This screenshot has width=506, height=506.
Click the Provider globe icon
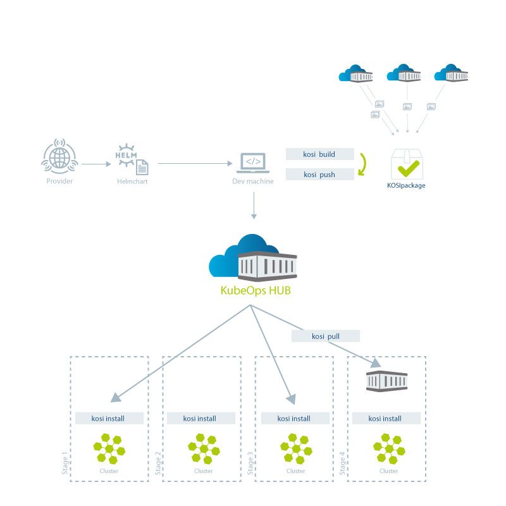pos(59,156)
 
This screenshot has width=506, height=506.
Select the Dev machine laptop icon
pos(253,163)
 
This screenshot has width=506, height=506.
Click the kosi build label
pos(319,154)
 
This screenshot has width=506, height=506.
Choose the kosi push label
pos(319,175)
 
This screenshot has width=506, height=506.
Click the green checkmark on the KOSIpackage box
pos(409,168)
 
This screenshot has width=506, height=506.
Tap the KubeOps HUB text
pos(256,290)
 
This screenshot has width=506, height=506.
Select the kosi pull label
pos(326,336)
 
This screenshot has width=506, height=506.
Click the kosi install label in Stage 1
pos(108,419)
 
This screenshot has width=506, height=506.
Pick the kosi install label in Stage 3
pos(293,419)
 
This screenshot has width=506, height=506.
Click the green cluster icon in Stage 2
pos(204,449)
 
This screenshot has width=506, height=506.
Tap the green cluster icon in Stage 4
pos(389,449)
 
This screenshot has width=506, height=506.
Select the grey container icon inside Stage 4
pos(386,381)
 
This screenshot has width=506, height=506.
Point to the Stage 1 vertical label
pos(65,463)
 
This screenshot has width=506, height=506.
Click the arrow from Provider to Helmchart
pos(96,164)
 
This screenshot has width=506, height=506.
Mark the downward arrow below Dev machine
pos(254,206)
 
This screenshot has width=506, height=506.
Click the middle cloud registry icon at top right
pos(404,73)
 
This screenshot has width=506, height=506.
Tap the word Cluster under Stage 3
pos(295,471)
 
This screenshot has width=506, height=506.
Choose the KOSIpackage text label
pos(406,185)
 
